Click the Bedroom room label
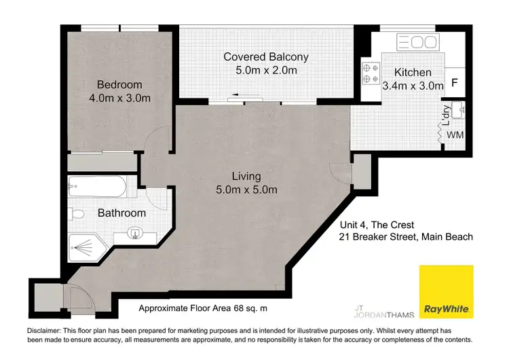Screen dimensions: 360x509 [119, 85]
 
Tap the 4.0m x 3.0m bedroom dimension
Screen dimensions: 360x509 [119, 98]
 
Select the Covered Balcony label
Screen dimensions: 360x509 [266, 57]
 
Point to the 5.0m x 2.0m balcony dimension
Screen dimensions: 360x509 [266, 70]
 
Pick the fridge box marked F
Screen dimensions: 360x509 [455, 84]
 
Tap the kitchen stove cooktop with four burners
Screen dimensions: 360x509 [371, 73]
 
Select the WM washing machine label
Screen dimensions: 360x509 [455, 135]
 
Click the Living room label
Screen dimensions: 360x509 [245, 177]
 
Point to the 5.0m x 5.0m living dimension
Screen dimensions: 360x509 [245, 190]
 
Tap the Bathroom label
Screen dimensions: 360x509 [121, 213]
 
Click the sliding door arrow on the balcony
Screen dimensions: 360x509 [238, 96]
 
